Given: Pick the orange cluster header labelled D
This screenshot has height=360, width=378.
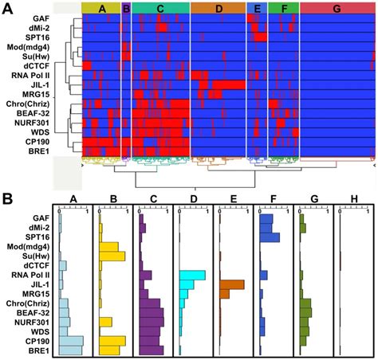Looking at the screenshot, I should pos(218,8).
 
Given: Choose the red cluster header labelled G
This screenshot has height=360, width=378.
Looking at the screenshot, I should pos(336,8).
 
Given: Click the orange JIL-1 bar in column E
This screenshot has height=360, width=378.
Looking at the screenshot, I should pos(231,284).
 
